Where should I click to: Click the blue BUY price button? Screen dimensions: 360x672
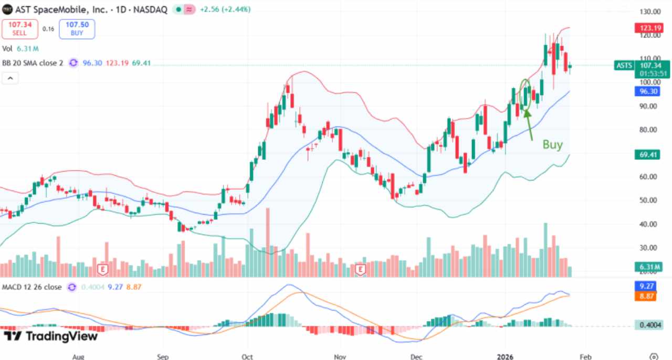tap(77, 29)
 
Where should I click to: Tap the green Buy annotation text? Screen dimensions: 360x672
tap(552, 145)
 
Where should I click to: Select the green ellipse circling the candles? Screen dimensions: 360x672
tap(526, 96)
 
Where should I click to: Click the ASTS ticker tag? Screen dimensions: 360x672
tap(623, 66)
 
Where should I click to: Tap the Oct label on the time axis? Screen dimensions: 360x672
tap(247, 357)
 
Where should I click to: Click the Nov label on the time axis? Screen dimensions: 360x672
tap(340, 357)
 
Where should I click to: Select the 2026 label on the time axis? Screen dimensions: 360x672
tap(505, 357)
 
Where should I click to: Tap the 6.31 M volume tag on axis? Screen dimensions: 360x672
tap(648, 267)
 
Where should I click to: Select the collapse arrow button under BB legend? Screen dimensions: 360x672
tap(9, 78)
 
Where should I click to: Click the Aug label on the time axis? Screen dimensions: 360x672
tap(78, 357)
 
